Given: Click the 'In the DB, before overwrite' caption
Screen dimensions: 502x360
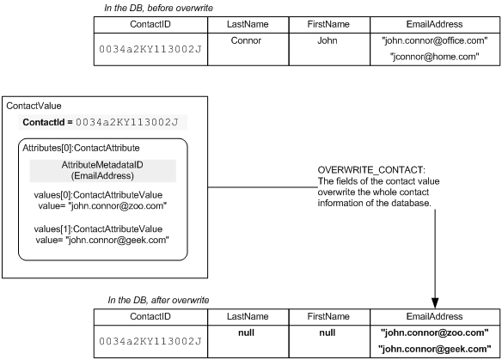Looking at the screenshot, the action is [158, 8].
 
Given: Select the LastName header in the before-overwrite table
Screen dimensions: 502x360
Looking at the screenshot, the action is [248, 24].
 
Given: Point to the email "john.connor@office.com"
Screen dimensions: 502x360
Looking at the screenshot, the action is [434, 40].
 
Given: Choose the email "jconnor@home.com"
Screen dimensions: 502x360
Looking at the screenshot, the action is [434, 57].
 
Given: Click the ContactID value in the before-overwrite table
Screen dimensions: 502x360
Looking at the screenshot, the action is [150, 49].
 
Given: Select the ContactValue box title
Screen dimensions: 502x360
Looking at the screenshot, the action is [34, 106].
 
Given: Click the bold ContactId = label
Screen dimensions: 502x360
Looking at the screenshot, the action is [47, 122].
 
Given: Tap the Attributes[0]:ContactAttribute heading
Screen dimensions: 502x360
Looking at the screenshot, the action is [81, 148].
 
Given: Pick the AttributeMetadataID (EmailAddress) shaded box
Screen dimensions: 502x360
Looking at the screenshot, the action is [103, 171].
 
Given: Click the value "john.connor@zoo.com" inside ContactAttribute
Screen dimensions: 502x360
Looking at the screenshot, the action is [103, 205].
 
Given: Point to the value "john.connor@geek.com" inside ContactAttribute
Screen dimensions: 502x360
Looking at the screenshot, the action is [102, 240].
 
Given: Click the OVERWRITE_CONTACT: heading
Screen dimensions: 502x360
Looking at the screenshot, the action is [371, 170].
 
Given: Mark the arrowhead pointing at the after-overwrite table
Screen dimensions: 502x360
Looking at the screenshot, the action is [435, 303].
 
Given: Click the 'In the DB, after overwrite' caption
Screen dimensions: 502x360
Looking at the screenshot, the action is [158, 300].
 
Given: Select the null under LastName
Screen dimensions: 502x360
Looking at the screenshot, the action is [246, 333].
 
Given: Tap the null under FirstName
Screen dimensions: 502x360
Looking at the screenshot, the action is [328, 333].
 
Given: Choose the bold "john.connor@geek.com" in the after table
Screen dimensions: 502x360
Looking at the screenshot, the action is [434, 349].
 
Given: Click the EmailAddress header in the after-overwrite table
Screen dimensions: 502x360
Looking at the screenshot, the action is [434, 316].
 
